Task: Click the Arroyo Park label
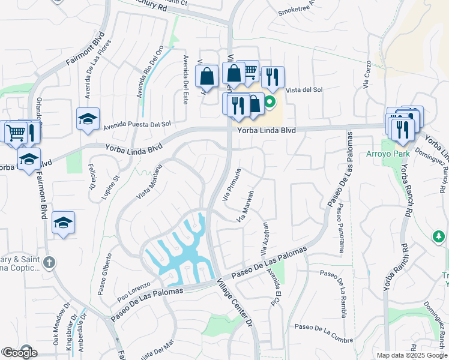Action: point(386,154)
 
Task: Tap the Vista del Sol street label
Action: point(304,90)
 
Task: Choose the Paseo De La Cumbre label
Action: point(322,327)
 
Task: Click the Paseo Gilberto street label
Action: point(105,274)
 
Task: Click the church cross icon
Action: point(49,262)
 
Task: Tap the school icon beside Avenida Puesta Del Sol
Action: point(88,119)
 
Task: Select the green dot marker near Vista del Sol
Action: point(270,101)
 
